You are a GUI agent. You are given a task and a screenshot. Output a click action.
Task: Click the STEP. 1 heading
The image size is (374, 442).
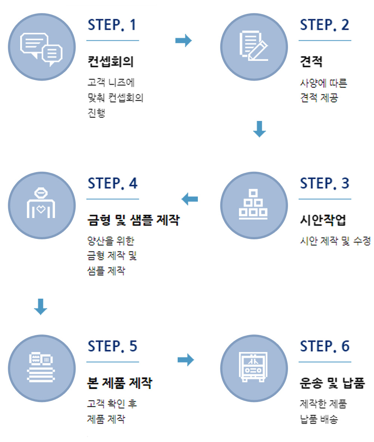click(x=112, y=25)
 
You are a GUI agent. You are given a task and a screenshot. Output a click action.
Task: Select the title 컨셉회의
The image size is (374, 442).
click(x=110, y=61)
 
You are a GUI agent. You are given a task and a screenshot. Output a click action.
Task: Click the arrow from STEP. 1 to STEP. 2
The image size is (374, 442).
click(x=183, y=41)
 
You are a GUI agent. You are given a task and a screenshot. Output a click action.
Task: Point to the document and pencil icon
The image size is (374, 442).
click(x=254, y=46)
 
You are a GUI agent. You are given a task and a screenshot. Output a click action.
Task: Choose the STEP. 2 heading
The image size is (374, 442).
click(x=324, y=25)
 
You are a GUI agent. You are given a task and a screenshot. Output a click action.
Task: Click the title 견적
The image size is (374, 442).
click(x=311, y=61)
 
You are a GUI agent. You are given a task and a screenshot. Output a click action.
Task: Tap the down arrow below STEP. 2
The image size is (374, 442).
click(x=260, y=129)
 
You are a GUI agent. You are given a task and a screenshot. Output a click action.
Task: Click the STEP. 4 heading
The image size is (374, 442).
click(x=112, y=184)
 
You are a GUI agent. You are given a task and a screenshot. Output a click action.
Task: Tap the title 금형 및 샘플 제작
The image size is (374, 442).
click(x=133, y=220)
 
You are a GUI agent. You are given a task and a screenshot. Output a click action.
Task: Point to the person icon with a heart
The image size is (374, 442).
click(x=41, y=204)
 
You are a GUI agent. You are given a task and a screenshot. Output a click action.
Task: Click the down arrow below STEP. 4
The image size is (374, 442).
click(x=40, y=306)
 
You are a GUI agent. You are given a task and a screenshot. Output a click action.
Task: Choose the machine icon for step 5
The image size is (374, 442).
click(x=41, y=367)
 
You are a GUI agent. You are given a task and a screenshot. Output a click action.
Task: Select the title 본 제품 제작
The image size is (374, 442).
click(x=119, y=383)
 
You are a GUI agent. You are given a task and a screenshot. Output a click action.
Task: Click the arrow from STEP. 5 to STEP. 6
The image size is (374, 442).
click(x=186, y=360)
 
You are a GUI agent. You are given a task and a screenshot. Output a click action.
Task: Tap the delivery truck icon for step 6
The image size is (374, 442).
click(x=254, y=368)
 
